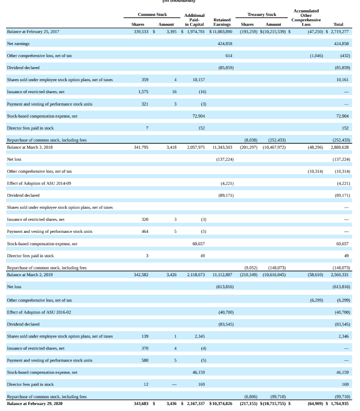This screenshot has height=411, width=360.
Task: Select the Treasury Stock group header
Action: (262, 14)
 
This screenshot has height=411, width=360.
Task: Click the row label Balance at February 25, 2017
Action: (33, 31)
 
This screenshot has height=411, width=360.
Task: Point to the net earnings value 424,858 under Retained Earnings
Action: (225, 43)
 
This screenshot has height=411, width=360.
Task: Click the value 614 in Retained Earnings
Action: (229, 55)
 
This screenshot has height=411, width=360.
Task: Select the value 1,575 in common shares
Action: (143, 92)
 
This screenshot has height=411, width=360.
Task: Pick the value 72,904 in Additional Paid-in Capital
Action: (198, 116)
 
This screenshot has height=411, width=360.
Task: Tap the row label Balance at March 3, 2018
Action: (30, 147)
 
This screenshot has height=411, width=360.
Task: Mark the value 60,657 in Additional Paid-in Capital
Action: (198, 244)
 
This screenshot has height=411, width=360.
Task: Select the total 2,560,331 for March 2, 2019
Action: (340, 275)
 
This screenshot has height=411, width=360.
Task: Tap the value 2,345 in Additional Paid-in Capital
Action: (200, 336)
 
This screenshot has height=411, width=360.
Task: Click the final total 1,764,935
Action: (340, 403)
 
